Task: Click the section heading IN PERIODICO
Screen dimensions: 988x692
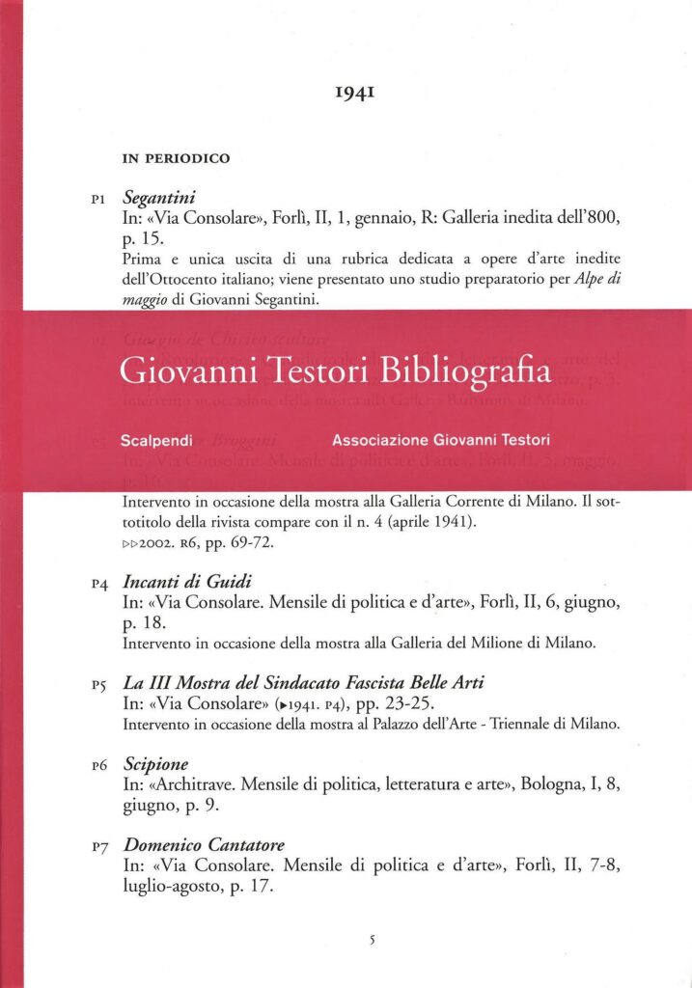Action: [176, 158]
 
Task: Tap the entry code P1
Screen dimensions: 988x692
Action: [97, 201]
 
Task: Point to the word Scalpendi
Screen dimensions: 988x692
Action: [152, 440]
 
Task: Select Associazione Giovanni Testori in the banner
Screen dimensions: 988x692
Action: [441, 440]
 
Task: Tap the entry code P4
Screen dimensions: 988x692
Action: [97, 586]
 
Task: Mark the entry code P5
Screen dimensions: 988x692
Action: [97, 685]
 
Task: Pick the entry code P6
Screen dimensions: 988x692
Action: [97, 766]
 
